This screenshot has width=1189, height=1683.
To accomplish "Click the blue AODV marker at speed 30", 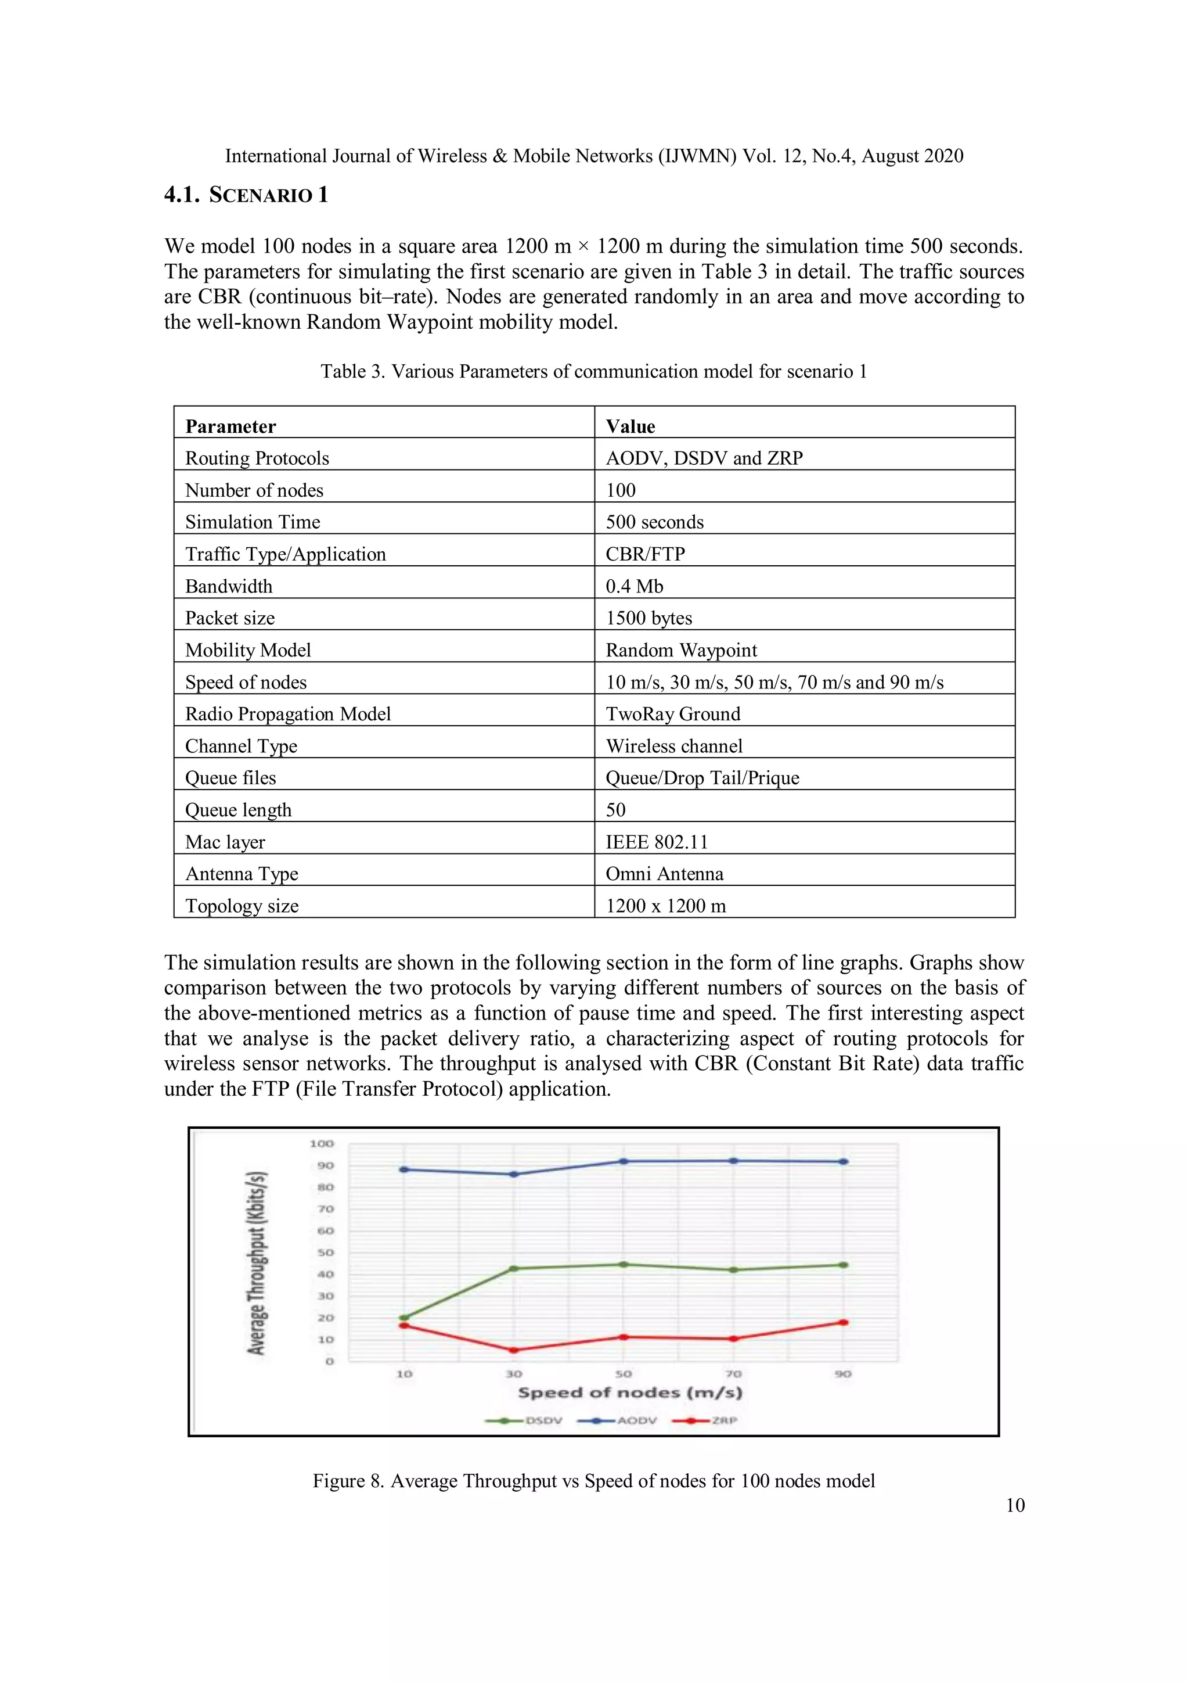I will [514, 1174].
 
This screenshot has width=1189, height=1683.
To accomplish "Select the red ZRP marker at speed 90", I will [843, 1322].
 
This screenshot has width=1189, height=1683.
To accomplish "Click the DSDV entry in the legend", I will [524, 1420].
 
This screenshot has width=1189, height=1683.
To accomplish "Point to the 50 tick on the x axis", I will [624, 1374].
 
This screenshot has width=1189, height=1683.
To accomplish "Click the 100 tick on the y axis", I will [322, 1143].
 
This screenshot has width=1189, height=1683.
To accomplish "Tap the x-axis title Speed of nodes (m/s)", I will [630, 1393].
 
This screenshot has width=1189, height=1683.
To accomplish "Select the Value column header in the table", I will [630, 426].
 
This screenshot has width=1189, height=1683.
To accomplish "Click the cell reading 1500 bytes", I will [648, 618].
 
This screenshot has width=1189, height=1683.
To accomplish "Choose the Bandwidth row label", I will [229, 586].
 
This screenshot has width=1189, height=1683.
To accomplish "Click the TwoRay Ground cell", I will [672, 714].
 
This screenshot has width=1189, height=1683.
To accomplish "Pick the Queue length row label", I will [238, 810].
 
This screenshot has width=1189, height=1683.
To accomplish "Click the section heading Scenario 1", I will [246, 195].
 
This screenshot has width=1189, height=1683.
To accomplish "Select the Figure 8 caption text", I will [593, 1481].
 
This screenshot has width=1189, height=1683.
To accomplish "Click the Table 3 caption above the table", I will [593, 372].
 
